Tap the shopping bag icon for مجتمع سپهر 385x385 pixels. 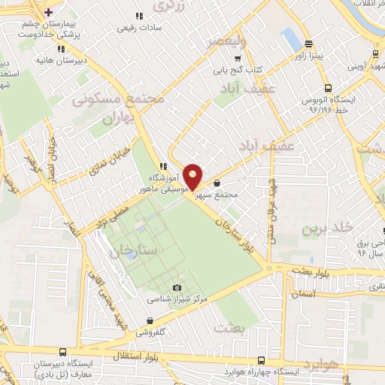(217, 183)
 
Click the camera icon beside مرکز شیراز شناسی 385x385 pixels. (177, 287)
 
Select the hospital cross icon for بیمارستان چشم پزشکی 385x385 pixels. (48, 13)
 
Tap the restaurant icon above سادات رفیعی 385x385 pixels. (138, 16)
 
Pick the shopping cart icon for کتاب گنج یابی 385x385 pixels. (238, 59)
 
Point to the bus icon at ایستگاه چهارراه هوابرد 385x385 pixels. (260, 360)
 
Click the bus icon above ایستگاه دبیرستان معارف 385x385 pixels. (62, 351)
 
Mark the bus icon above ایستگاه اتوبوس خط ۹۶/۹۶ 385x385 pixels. (327, 89)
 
